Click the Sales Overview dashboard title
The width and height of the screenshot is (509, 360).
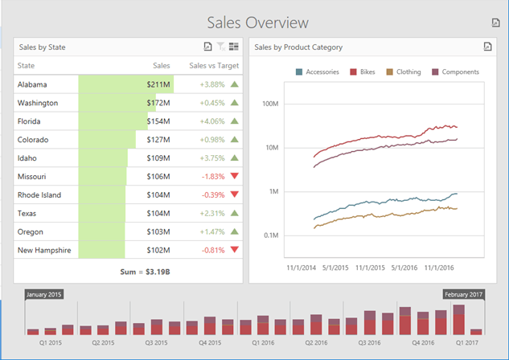[257, 22]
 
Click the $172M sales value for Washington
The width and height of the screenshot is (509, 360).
[158, 103]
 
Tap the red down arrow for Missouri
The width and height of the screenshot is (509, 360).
[234, 176]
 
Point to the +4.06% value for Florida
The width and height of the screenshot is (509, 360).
[211, 121]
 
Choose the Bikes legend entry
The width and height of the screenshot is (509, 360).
[363, 72]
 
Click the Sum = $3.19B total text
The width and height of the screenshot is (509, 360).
[128, 272]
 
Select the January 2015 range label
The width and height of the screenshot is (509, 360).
[45, 295]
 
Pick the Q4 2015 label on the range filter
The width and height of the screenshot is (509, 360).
[211, 342]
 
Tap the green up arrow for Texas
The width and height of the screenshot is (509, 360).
[234, 213]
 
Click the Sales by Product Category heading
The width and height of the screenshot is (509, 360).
[298, 47]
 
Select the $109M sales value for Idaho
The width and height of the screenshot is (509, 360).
[158, 158]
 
